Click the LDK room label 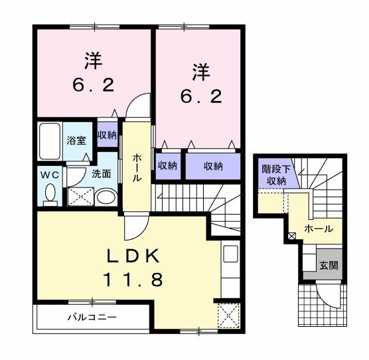[133, 256]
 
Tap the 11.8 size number [133, 280]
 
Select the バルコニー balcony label [92, 317]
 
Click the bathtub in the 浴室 [50, 141]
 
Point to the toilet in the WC [50, 195]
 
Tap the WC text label [49, 175]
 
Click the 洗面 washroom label [101, 174]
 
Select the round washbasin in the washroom [106, 197]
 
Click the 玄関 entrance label [329, 265]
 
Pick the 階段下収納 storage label [276, 175]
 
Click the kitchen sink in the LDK [230, 254]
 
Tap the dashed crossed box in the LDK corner [229, 315]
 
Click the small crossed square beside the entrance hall [291, 236]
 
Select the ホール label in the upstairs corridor [137, 168]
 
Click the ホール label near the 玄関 [319, 228]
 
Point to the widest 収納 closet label [213, 167]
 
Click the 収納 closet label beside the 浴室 [108, 135]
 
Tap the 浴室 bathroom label [76, 141]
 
